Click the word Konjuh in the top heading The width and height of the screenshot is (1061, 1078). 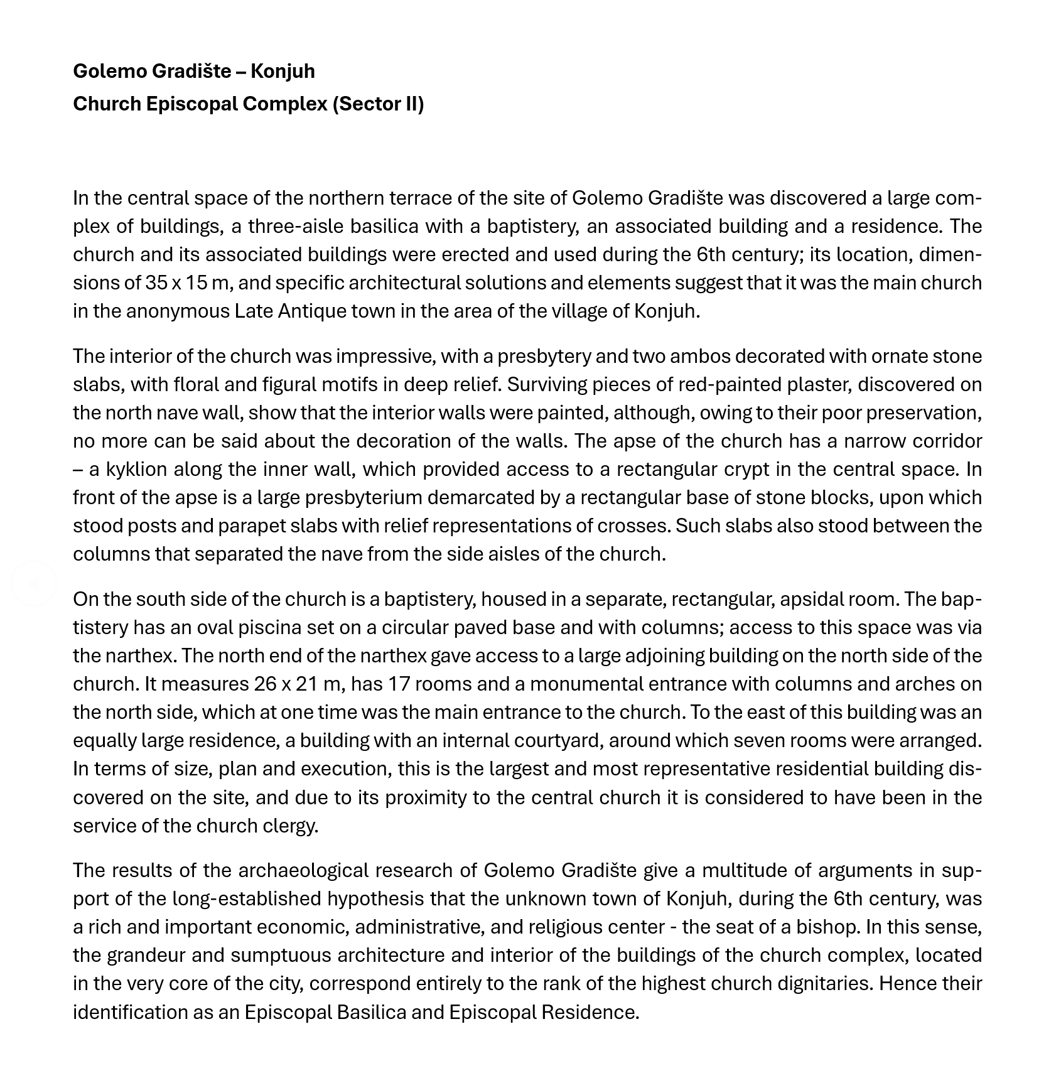(x=283, y=72)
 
